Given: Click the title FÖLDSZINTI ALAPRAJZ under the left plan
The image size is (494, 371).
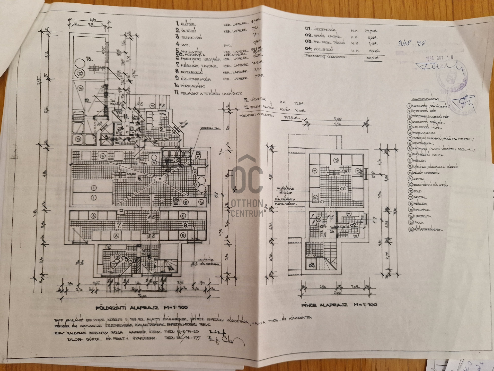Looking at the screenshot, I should point(142,308).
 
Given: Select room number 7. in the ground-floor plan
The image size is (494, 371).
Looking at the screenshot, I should point(119,225).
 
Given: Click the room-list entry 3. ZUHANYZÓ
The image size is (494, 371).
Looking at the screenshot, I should point(189,38).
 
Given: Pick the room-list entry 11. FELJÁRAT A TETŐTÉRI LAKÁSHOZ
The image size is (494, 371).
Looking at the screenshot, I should point(208,93).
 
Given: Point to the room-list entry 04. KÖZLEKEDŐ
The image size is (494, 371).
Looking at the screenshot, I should point(319,49).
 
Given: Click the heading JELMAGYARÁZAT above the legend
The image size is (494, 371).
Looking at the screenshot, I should point(425,99).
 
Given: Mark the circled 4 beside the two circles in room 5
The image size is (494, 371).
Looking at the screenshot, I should point(196,184).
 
